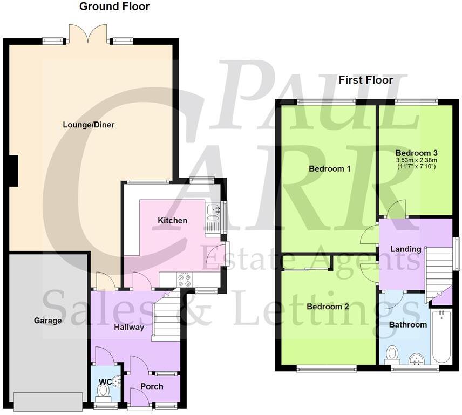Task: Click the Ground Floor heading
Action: (114, 7)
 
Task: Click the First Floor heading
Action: (365, 80)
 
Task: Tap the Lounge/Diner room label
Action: (89, 125)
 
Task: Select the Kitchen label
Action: (172, 220)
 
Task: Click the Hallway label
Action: (128, 327)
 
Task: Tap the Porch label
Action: (152, 386)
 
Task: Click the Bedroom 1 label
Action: (329, 169)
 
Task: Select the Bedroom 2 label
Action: (328, 307)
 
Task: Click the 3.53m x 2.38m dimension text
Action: (416, 160)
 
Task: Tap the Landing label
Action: (406, 249)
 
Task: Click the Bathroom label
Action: (408, 325)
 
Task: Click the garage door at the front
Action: (49, 400)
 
